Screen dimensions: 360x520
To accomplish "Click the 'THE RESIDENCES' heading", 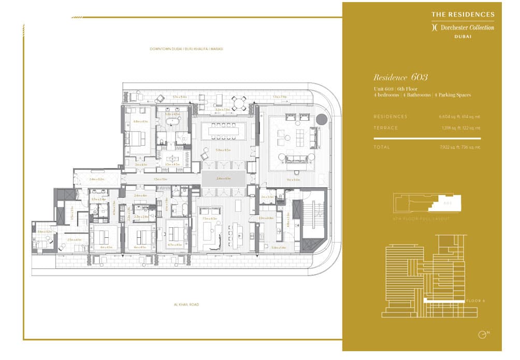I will [x=463, y=15].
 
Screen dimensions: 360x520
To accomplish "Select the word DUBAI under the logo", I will [x=463, y=36].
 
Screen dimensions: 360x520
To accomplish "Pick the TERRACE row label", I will [x=386, y=127].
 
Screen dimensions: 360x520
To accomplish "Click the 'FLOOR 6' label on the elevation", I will [x=475, y=300].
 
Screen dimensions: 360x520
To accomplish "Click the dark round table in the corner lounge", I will [x=322, y=120].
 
